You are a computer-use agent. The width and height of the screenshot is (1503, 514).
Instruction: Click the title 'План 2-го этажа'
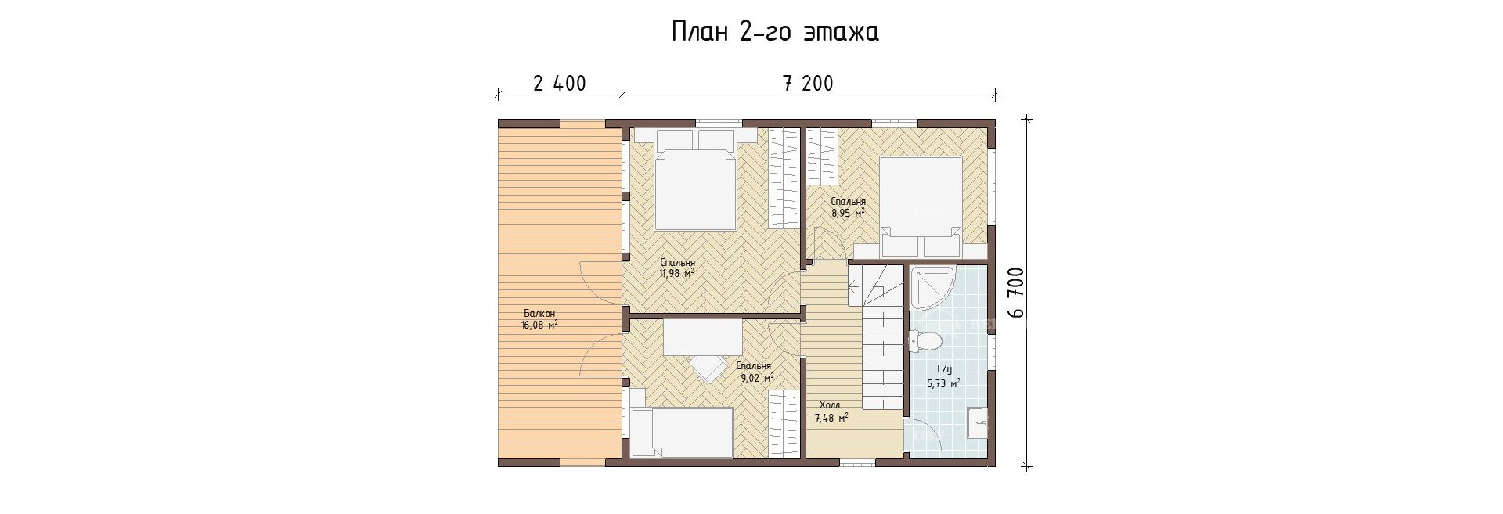[774, 32]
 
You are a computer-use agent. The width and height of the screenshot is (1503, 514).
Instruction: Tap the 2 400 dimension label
[560, 84]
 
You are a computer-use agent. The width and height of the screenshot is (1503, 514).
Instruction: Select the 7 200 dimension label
[808, 84]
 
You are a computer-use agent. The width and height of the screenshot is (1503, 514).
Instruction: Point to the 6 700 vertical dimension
[1017, 293]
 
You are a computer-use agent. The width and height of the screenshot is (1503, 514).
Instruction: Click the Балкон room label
[539, 314]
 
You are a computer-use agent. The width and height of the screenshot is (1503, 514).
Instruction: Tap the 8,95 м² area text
[848, 212]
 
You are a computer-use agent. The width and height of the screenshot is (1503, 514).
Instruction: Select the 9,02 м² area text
[756, 377]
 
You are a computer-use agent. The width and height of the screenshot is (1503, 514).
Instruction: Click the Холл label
[830, 405]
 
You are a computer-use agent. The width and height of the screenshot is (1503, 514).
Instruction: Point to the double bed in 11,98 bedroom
[695, 186]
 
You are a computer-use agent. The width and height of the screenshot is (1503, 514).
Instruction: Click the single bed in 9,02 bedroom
[682, 432]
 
